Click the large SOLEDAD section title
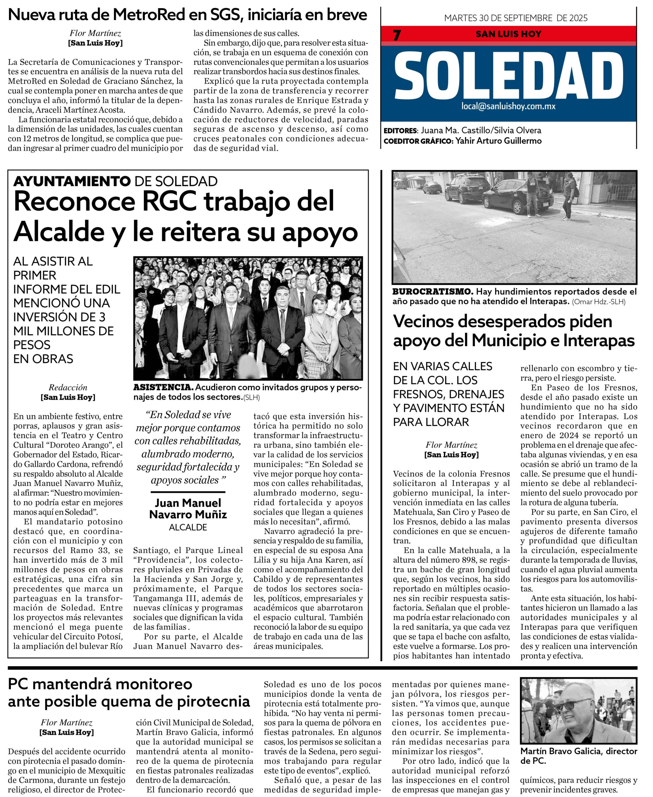pos(508,75)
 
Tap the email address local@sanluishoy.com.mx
pos(508,106)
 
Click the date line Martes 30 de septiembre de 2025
pos(516,18)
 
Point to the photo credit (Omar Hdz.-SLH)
pos(598,302)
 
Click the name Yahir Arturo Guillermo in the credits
pos(498,141)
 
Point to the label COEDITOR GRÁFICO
pos(418,141)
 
